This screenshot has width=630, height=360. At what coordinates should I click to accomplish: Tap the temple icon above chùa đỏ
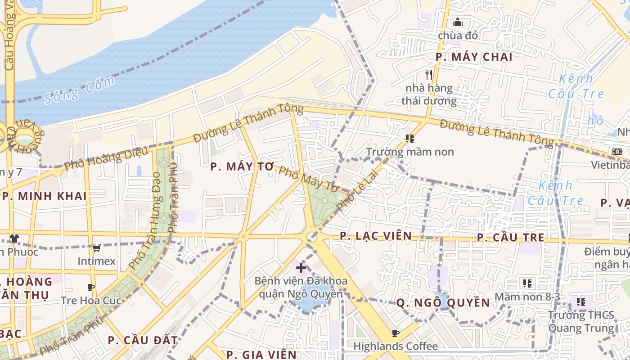(x=458, y=22)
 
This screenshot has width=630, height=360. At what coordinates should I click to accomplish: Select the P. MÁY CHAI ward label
(x=474, y=57)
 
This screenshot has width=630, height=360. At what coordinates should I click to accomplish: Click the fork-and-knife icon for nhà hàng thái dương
(x=429, y=74)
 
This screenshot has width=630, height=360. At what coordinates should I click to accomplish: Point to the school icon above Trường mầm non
(x=409, y=139)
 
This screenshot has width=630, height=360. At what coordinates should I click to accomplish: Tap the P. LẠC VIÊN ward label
(x=375, y=236)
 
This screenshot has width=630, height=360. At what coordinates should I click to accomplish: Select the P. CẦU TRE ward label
(x=510, y=238)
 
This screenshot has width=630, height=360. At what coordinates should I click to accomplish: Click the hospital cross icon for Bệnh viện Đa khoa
(x=301, y=268)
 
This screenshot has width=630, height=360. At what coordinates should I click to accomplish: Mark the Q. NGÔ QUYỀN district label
(x=443, y=303)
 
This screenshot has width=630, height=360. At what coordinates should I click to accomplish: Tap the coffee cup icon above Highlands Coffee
(x=395, y=333)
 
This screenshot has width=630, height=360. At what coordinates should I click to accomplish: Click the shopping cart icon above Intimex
(x=96, y=248)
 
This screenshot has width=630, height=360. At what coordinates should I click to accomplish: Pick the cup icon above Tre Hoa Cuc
(x=91, y=287)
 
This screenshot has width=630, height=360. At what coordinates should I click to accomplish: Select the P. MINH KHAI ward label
(x=44, y=196)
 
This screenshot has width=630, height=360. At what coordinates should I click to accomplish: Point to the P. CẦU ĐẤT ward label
(x=143, y=340)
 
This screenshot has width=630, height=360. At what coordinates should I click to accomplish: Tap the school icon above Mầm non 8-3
(x=527, y=283)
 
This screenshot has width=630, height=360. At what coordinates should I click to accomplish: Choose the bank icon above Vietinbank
(x=617, y=152)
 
